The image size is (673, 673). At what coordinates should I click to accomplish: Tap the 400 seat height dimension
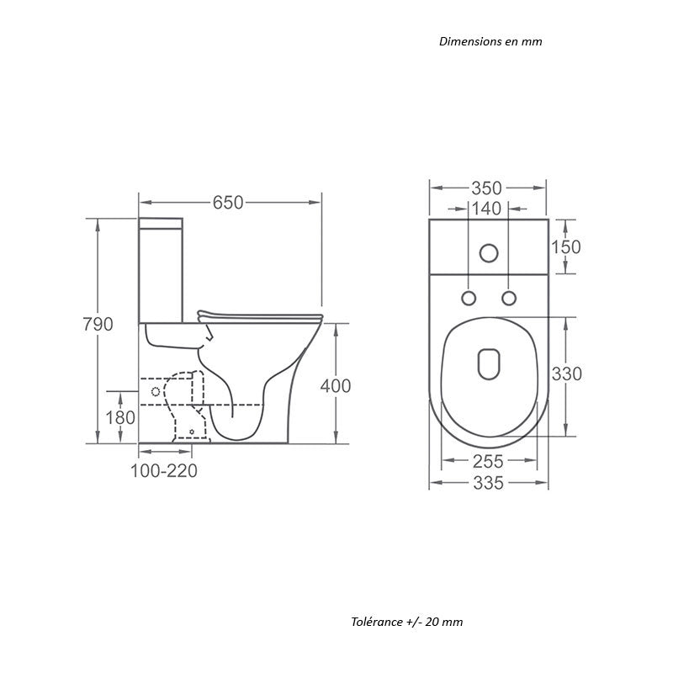click(x=336, y=386)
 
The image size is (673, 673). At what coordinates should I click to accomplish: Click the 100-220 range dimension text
click(x=164, y=471)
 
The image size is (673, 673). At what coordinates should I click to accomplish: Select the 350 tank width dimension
click(x=488, y=188)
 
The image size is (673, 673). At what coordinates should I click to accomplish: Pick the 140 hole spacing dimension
click(x=488, y=209)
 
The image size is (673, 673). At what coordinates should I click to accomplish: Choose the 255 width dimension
click(x=489, y=461)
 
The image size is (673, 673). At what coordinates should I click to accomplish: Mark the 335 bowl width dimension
click(x=489, y=483)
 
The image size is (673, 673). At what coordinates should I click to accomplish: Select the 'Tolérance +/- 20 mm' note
click(x=407, y=622)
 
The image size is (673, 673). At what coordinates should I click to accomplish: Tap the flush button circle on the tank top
click(x=488, y=251)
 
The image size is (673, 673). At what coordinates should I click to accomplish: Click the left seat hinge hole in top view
click(x=469, y=298)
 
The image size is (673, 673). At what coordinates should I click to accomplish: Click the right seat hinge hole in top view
click(x=508, y=298)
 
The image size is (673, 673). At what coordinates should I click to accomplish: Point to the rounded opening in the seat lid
click(x=489, y=363)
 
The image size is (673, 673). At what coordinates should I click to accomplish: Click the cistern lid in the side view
click(x=162, y=223)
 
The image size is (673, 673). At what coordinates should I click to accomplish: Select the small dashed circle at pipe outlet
click(x=154, y=393)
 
